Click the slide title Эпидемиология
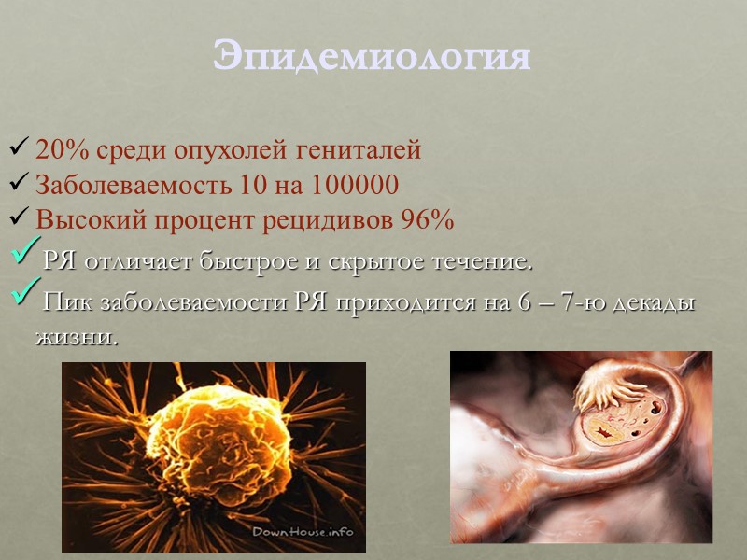[372, 56]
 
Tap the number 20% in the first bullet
[55, 149]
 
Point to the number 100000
[351, 185]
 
